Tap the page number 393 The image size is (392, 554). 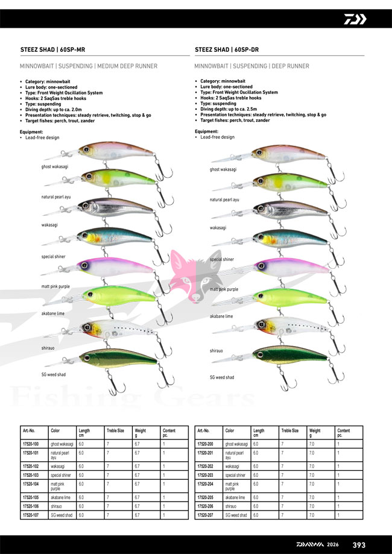coord(359,545)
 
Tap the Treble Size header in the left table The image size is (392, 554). coord(115,431)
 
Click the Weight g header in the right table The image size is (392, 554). coord(314,433)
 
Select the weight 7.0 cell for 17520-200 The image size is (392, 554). coord(312,443)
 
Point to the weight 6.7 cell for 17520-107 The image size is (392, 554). coord(138,515)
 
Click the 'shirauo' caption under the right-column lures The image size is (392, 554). coord(217,350)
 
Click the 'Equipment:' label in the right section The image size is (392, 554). coord(207,131)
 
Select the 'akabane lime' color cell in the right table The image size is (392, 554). coord(236,498)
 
